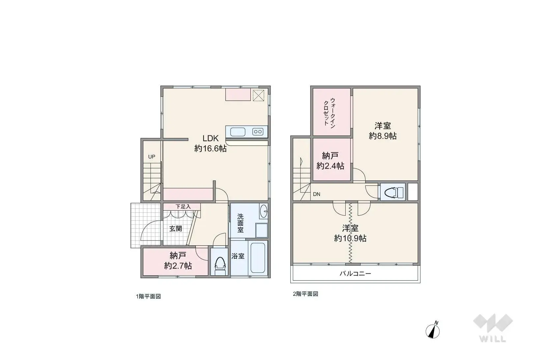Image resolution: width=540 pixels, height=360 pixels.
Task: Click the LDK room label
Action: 210,138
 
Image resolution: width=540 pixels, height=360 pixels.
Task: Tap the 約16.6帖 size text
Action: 210,149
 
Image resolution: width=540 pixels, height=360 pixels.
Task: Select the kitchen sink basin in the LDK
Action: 238,132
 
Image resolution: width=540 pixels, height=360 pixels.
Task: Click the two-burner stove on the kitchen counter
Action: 258,132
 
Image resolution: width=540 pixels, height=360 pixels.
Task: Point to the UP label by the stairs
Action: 152,157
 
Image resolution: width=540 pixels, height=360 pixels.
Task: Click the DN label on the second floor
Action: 317,194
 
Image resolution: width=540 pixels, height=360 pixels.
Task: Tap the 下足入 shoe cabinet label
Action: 183,207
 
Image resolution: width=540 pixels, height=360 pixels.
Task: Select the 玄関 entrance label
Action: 176,228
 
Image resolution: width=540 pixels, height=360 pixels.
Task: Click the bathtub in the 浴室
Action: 258,258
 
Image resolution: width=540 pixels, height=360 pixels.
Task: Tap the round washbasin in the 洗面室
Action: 264,211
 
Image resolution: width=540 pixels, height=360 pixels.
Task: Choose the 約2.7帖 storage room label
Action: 178,266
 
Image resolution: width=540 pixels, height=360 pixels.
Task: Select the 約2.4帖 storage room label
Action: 330,166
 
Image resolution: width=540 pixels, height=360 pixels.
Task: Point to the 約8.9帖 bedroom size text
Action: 383,136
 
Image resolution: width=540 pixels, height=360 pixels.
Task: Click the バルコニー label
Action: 355,274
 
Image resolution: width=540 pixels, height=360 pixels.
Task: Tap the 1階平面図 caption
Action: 148,296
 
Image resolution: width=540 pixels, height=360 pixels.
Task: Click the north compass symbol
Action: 433,330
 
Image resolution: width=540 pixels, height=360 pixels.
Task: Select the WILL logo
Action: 493,328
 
